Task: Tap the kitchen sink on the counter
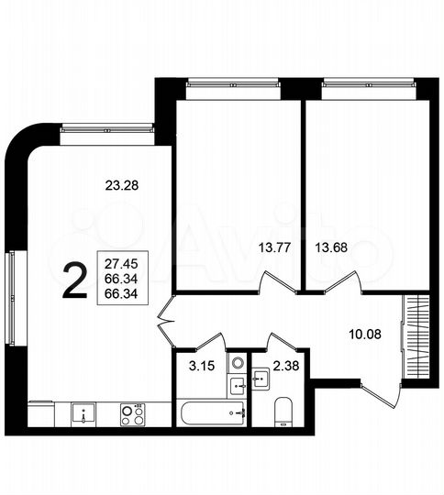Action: click(84, 413)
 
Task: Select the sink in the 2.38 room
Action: click(261, 377)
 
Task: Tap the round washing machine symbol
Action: click(237, 363)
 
